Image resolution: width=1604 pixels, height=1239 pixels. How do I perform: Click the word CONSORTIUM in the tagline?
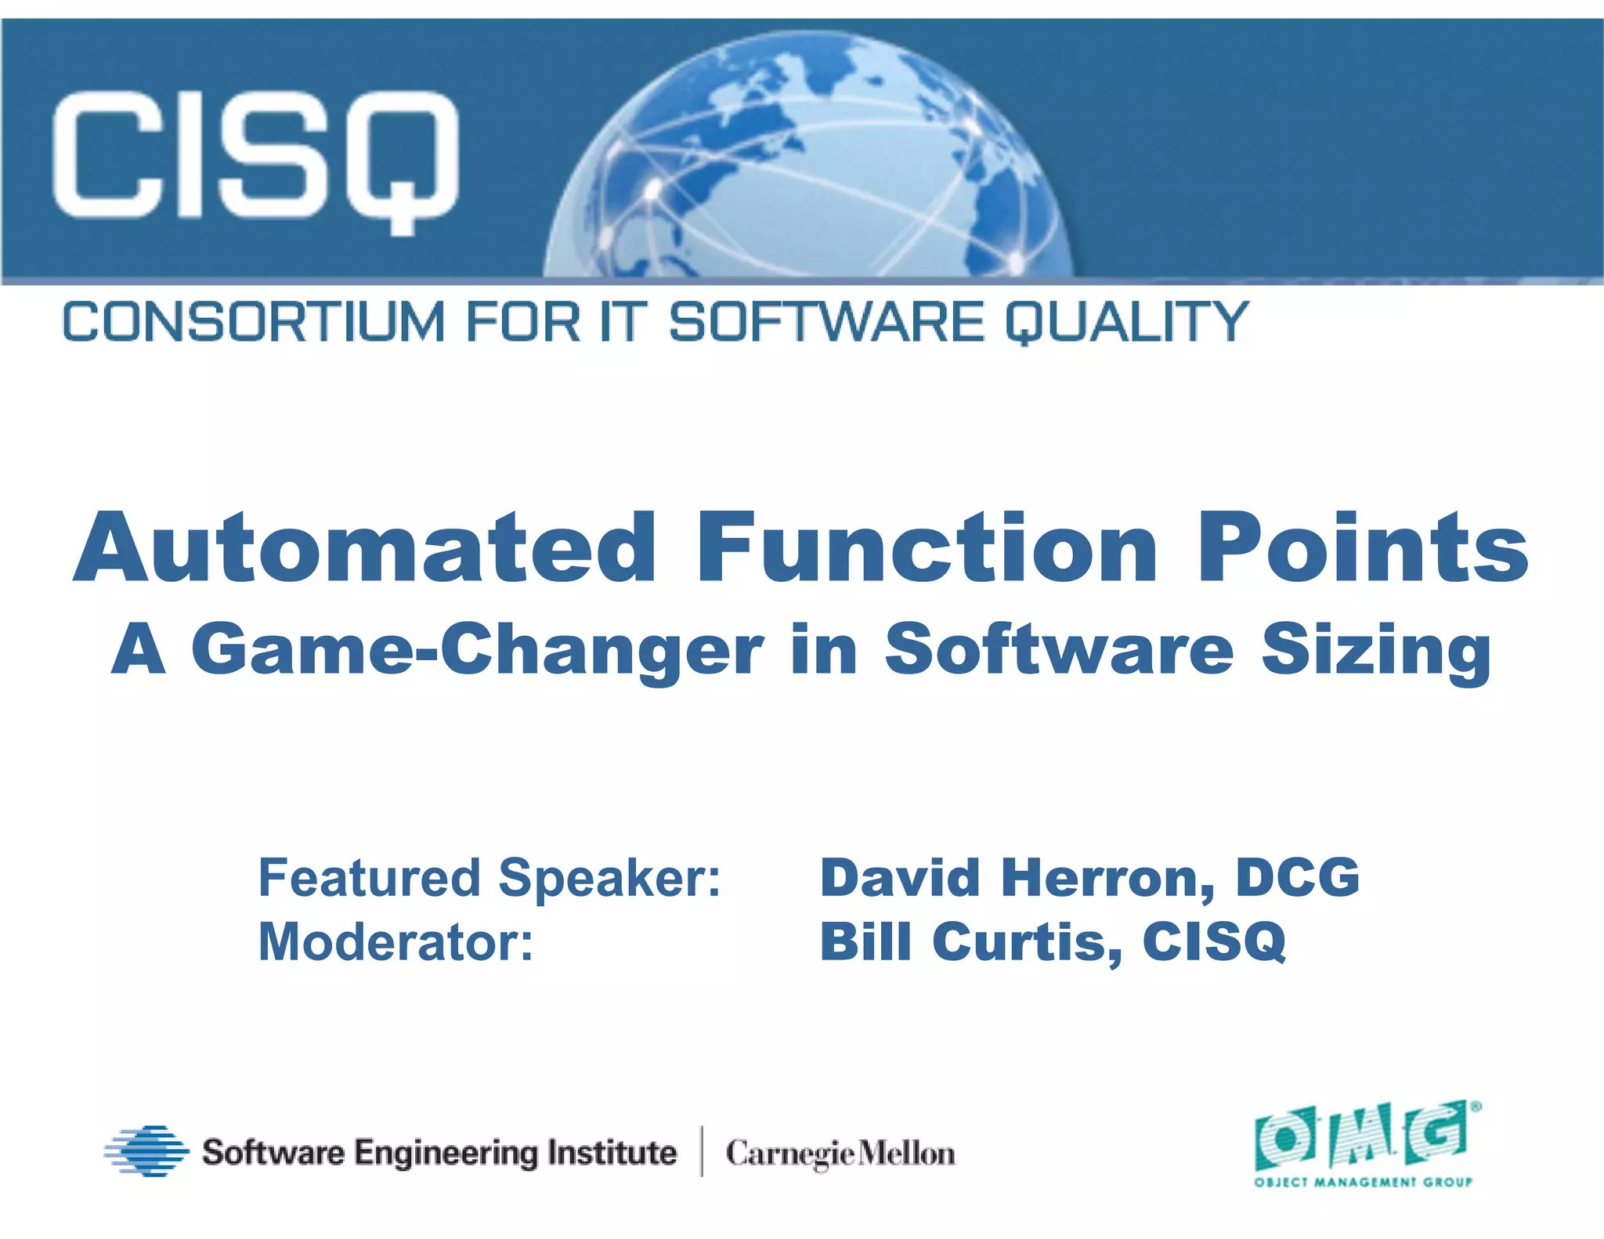[x=253, y=322]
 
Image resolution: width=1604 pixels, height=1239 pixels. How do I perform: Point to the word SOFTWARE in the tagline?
[x=826, y=322]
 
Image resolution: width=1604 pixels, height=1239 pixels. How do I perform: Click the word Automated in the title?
[x=364, y=548]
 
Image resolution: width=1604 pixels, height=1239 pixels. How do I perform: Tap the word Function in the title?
[x=927, y=548]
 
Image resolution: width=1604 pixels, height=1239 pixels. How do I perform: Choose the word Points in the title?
[x=1363, y=548]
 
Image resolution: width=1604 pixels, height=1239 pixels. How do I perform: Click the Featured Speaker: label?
[x=490, y=879]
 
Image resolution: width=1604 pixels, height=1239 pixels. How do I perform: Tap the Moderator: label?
[x=396, y=942]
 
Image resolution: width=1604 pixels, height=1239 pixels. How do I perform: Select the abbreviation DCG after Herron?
[x=1298, y=877]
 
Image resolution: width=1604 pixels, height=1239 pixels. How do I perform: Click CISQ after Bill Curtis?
[x=1214, y=942]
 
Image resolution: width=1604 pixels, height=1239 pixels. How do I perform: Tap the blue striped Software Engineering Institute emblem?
[x=146, y=1151]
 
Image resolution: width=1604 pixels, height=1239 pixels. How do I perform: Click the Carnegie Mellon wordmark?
[x=840, y=1154]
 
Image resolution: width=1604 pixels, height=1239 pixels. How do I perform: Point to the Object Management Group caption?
[x=1363, y=1182]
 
